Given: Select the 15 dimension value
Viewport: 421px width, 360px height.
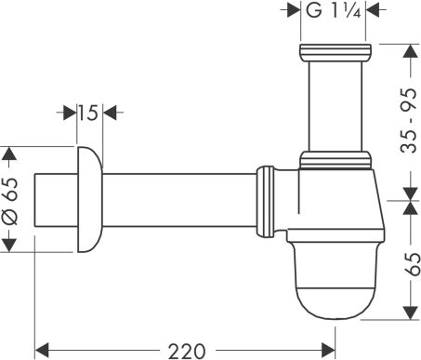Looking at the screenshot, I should coord(87,113).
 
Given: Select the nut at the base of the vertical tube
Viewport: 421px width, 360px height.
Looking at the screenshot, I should coord(334,159).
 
